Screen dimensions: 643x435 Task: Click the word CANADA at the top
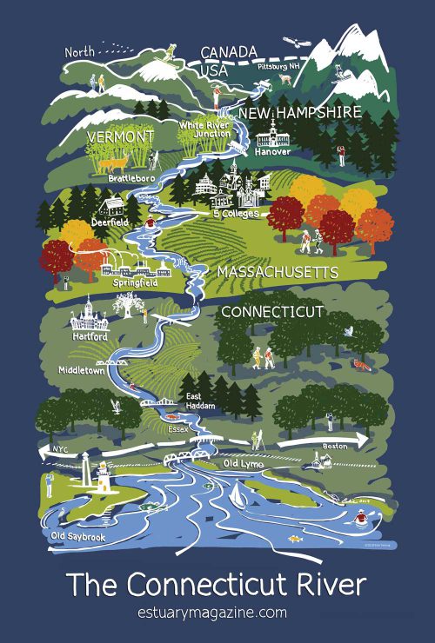pos(229,52)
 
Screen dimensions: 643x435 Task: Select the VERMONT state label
pos(120,137)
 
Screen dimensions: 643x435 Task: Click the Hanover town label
pos(272,152)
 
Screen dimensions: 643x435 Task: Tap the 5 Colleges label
pos(236,212)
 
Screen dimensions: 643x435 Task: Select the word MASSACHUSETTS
pos(277,273)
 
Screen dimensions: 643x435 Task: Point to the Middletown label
pos(82,369)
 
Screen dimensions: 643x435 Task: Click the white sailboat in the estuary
pos(236,494)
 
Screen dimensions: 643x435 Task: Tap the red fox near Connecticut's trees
pos(361,364)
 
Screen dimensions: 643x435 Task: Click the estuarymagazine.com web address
pos(217,613)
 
